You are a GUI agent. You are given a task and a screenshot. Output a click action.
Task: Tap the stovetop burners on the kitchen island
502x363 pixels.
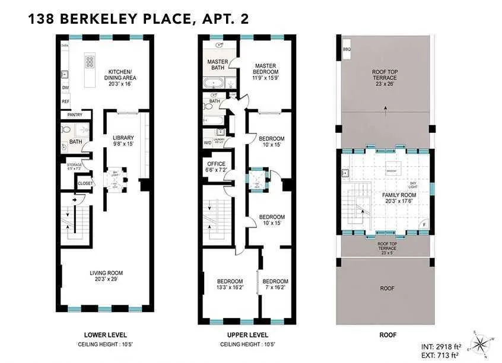91,63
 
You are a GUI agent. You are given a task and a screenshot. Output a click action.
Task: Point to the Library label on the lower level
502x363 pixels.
123,141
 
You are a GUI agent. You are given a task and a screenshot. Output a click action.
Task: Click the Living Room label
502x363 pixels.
106,276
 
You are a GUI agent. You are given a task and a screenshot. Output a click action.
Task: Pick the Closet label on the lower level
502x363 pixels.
85,184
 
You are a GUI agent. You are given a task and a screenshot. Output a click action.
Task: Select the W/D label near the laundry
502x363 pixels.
208,143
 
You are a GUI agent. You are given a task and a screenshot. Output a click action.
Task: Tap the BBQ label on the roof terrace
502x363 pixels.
347,49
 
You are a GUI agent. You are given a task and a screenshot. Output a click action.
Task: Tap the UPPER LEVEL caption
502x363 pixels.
246,335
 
